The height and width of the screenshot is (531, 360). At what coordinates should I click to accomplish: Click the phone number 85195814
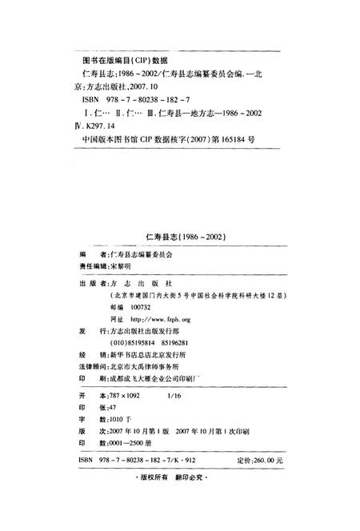147,341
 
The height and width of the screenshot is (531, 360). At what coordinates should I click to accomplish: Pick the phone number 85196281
190,341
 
